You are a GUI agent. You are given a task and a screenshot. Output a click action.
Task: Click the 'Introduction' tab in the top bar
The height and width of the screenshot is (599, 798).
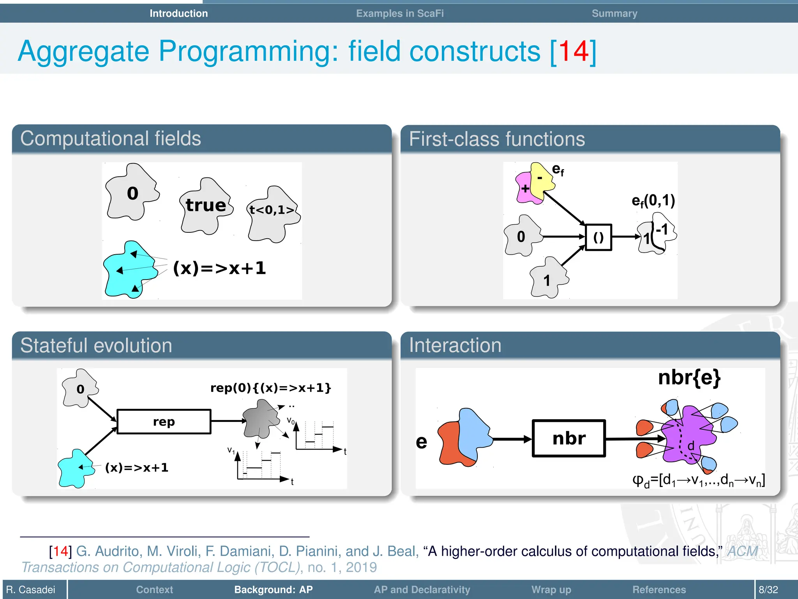point(178,13)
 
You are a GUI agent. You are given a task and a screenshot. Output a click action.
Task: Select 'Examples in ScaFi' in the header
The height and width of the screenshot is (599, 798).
point(399,13)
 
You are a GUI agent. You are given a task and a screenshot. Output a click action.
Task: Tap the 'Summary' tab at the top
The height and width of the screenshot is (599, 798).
point(614,13)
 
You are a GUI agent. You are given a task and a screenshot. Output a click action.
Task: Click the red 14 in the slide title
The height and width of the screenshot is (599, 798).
point(573,51)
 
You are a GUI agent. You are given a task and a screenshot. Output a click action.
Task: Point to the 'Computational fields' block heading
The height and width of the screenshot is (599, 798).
point(111,138)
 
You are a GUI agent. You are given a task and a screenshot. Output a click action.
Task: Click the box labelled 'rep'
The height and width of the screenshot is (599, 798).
point(164,422)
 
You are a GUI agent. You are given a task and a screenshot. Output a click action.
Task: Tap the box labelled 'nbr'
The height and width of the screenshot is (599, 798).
point(568,438)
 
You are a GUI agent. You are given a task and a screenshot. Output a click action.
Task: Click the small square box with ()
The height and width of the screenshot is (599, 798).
point(598,237)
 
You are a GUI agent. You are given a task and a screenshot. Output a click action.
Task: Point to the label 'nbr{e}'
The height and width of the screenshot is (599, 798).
point(689,377)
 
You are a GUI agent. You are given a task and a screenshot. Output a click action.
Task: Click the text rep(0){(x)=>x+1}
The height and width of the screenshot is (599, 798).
point(270,388)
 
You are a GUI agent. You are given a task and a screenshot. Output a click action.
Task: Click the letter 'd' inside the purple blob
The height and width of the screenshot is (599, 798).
point(691,446)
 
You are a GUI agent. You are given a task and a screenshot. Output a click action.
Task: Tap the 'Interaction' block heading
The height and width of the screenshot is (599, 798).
point(455,346)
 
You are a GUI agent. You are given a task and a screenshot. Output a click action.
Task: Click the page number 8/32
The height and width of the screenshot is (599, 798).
point(768,589)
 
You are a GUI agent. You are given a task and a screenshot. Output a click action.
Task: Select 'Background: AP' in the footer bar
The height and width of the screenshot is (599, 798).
point(273,589)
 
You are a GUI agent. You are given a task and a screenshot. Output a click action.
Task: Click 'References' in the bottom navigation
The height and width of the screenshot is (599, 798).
point(659,589)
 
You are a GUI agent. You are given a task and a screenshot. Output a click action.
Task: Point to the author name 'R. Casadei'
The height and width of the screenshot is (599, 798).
point(31,589)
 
